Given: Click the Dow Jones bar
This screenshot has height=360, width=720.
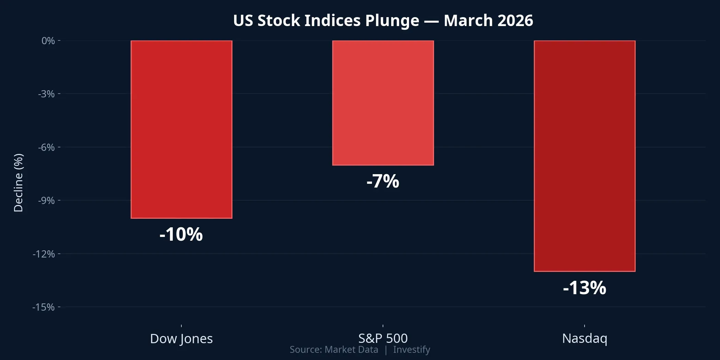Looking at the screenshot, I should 181,129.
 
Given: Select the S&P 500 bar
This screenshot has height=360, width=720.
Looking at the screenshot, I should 383,103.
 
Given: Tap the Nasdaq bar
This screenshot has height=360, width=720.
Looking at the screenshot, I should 585,156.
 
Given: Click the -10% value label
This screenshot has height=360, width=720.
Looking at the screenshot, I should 181,235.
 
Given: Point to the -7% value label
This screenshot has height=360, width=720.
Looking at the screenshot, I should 383,181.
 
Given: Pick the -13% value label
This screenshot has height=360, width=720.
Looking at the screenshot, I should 585,288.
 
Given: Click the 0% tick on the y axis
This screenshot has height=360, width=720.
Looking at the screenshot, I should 48,41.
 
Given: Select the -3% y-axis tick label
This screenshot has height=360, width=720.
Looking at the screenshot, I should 46,94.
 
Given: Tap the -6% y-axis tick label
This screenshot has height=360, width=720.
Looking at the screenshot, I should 46,147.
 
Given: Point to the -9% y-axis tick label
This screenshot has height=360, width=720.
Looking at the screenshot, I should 46,201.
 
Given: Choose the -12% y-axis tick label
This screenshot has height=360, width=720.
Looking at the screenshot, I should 44,254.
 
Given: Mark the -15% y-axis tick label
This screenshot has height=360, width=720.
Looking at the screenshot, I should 44,307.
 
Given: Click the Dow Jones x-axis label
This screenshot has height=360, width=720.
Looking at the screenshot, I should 181,339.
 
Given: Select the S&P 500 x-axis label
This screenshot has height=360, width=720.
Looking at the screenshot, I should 383,339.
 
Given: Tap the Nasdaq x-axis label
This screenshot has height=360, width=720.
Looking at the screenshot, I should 585,339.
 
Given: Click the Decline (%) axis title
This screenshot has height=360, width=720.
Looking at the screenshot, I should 18,183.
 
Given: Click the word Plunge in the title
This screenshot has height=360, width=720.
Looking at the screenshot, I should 392,21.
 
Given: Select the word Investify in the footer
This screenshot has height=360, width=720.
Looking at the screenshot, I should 411,350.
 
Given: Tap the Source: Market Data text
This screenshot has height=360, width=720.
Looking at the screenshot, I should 334,350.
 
